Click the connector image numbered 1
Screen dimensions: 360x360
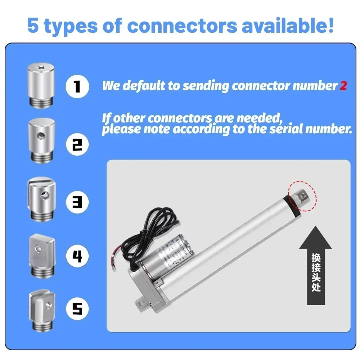point(41,85)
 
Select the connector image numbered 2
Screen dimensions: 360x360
point(41,140)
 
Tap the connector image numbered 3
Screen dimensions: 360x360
point(41,198)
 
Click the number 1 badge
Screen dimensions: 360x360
point(77,86)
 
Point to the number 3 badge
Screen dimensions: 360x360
point(77,202)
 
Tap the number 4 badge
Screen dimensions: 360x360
point(77,256)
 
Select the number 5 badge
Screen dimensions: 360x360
point(77,309)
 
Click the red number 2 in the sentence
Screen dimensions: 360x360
point(343,86)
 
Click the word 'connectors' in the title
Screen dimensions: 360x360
point(182,26)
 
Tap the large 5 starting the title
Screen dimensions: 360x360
point(33,26)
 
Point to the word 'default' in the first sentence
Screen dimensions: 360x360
point(141,86)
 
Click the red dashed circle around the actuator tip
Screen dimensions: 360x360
point(302,195)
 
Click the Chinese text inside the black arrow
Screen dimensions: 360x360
point(315,272)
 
